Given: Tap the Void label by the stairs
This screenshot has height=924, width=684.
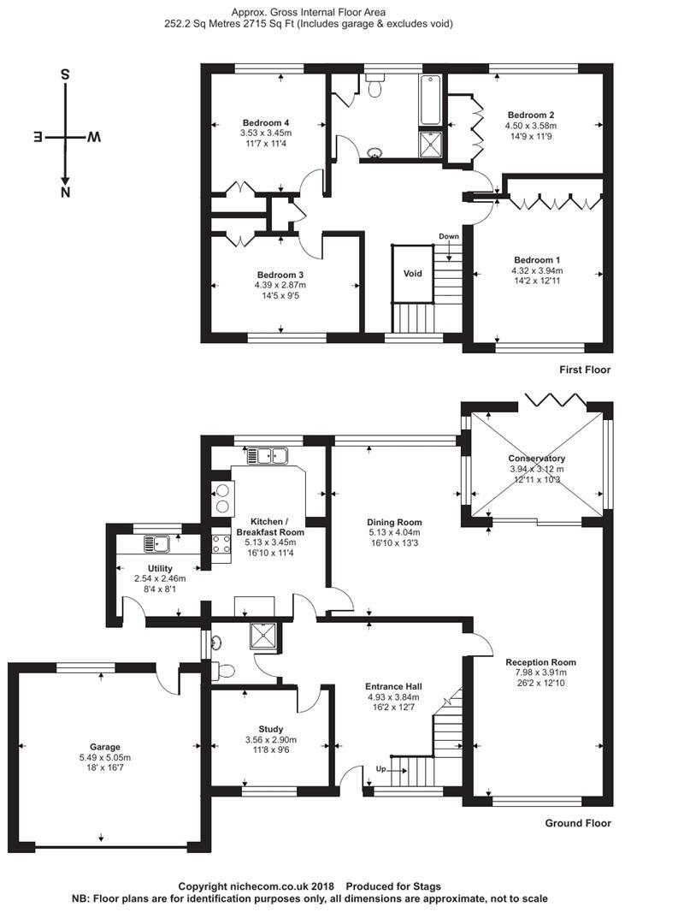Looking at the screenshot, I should [x=413, y=274].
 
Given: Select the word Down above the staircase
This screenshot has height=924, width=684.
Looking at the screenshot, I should [x=449, y=236].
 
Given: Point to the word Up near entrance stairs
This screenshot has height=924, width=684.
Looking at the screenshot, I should [x=380, y=770].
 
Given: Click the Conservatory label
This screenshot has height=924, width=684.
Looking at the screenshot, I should [x=535, y=457].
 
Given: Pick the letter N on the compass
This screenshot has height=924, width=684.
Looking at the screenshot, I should [x=65, y=192].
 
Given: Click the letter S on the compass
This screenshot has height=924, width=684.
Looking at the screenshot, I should [x=65, y=74].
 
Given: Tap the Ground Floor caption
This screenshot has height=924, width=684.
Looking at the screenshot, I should [x=578, y=824].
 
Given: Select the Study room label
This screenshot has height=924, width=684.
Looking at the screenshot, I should [x=270, y=729].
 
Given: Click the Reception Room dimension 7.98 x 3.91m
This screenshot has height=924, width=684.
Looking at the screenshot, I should [x=540, y=673].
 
